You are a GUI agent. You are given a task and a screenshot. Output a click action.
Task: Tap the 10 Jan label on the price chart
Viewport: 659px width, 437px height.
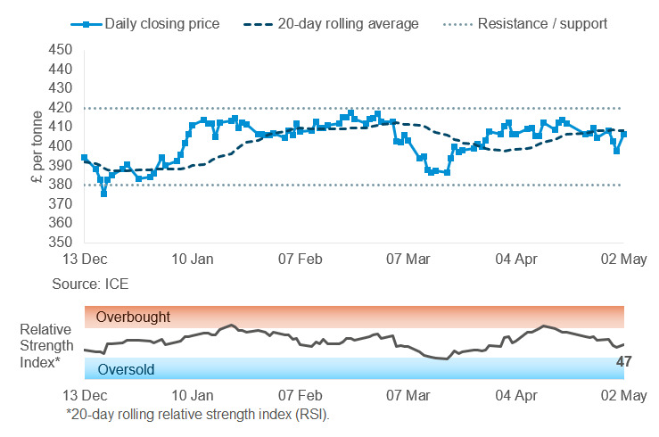coord(193,260)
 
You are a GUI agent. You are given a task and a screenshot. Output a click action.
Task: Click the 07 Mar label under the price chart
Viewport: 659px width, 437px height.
coord(408,260)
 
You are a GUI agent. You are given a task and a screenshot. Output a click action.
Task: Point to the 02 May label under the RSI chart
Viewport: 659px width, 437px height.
coord(622,395)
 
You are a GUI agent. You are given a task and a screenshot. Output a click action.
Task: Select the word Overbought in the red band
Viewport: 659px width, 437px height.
coord(133,317)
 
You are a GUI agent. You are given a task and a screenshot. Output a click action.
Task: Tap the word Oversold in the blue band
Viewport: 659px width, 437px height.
coord(127,368)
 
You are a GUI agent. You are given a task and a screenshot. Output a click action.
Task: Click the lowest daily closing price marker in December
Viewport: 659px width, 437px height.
coord(104,194)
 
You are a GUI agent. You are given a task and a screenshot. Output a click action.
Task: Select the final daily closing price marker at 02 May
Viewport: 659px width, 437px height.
coord(624,134)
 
